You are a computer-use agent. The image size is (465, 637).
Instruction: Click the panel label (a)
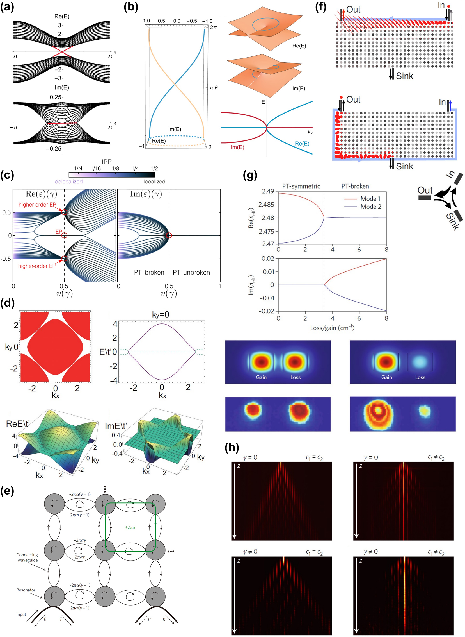pos(7,7)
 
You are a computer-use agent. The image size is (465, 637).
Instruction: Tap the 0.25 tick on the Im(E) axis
pos(56,97)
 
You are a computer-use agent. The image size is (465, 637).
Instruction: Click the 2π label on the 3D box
pos(213,28)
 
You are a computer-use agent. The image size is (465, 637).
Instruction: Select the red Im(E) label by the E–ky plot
pos(237,148)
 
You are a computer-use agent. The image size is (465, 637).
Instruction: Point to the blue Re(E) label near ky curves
pos(302,144)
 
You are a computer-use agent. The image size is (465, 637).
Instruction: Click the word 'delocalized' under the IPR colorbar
pos(69,182)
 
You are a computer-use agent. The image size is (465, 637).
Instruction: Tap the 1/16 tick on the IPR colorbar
pos(96,169)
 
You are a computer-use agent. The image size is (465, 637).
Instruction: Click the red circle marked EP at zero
pos(65,235)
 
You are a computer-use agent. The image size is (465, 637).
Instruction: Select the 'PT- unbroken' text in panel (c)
pos(191,273)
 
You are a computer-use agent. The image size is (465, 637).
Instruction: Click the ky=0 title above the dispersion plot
pos(161,314)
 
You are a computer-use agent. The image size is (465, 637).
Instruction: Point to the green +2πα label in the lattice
pos(130,527)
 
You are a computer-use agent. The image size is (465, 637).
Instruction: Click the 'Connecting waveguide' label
pos(27,557)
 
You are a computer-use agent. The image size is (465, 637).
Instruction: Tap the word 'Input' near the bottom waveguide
pos(21,615)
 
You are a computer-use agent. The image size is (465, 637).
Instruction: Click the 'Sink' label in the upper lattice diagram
pos(404,76)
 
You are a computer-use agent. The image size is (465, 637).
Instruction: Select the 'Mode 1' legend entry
pos(370,199)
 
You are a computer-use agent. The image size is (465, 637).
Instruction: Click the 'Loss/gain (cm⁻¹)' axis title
pos(332,328)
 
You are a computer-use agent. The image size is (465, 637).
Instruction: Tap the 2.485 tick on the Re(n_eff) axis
pos(266,205)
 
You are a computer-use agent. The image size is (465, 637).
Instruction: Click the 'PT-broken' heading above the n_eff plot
pos(355,186)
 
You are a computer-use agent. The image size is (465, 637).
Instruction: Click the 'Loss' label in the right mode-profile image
pos(420,377)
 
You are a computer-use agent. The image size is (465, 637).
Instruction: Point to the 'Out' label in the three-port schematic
pos(425,191)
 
